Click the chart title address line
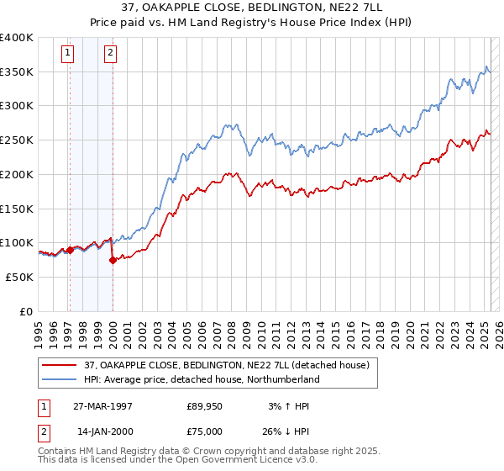click(x=251, y=8)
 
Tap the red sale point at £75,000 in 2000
click(x=113, y=260)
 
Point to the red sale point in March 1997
click(x=70, y=250)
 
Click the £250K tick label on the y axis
click(x=17, y=140)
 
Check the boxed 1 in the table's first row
click(x=41, y=406)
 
